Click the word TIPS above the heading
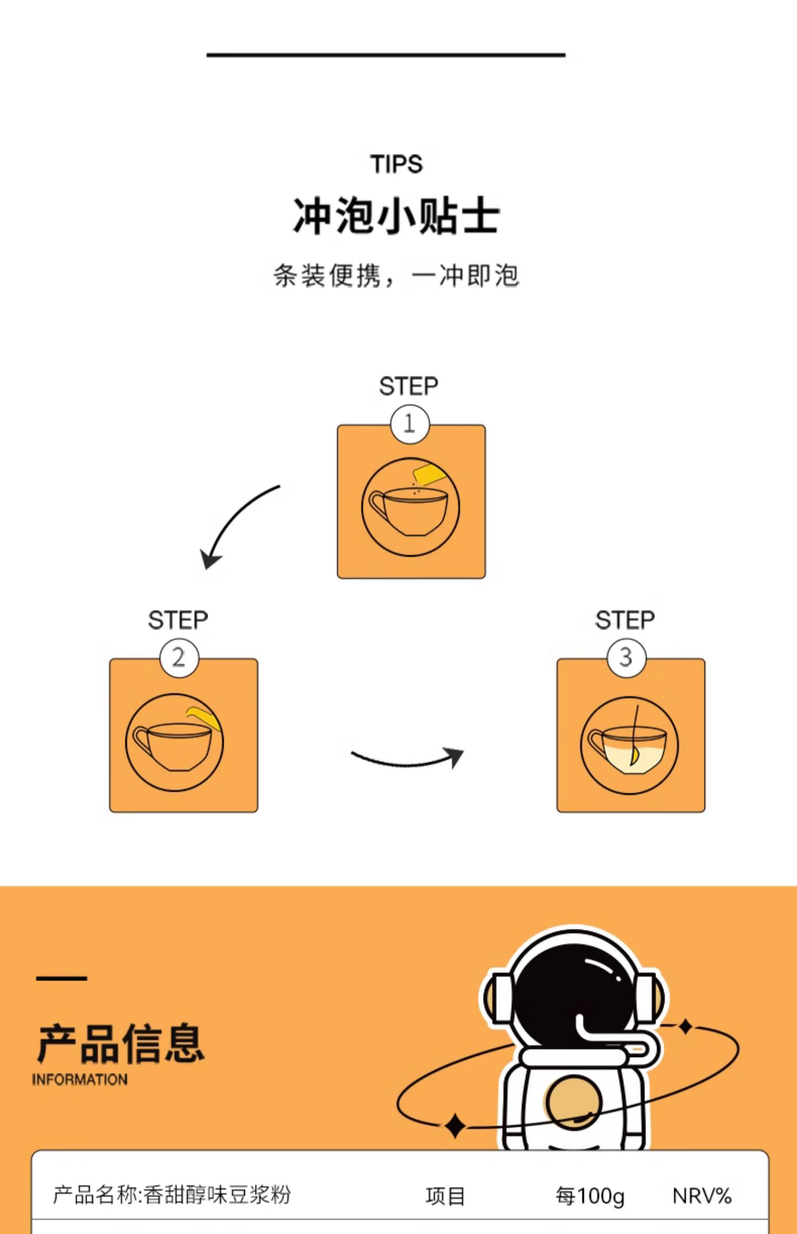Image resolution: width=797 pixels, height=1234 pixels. coord(396,164)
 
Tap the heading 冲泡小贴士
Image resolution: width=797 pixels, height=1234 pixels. coord(396,215)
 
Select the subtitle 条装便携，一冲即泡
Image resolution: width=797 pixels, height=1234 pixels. coord(396,275)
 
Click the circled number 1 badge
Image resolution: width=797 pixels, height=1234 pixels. coord(409,424)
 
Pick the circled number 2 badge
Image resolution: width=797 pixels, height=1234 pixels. coord(179,658)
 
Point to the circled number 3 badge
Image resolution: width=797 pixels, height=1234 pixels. coord(626,658)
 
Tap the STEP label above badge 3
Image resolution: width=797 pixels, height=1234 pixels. coord(625,620)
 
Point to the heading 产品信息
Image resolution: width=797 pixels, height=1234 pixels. coord(121,1044)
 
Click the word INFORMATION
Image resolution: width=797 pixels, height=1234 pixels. coord(80,1080)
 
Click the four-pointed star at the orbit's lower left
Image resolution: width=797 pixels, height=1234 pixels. coord(455,1126)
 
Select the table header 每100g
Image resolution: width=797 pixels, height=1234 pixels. coord(590,1196)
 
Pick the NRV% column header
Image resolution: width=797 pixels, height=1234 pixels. coord(702,1196)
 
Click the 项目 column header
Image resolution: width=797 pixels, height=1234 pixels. coord(445,1196)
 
